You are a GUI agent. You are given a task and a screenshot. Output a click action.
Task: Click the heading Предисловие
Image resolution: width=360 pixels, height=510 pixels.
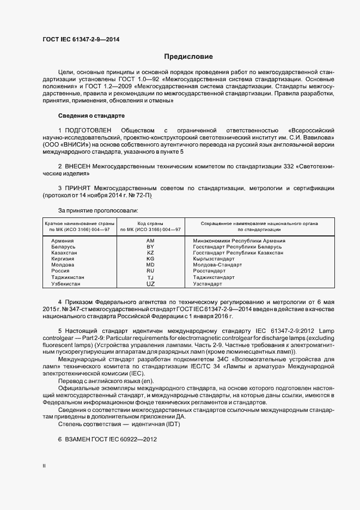point(188,57)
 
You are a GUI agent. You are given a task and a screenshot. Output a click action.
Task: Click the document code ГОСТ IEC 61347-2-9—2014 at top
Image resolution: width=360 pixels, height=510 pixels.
point(81,40)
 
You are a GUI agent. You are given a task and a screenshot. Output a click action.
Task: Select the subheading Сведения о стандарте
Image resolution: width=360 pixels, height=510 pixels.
point(91,116)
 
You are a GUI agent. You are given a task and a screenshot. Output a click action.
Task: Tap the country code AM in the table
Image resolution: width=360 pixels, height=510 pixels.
point(151,240)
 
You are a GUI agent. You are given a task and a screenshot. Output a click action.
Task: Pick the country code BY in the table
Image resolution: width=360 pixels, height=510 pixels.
point(151,247)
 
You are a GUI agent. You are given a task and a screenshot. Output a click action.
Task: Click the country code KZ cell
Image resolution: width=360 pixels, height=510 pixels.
point(151,253)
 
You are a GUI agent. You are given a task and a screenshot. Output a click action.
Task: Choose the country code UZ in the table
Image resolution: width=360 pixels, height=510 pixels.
point(151,284)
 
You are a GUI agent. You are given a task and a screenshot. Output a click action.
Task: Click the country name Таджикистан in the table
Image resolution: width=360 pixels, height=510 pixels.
point(68,277)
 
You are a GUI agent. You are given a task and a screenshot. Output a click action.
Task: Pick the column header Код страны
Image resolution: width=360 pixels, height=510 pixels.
point(150,223)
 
